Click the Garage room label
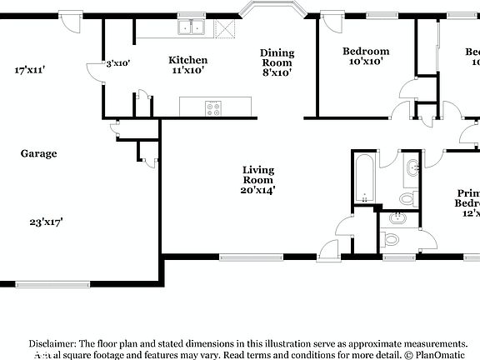[39, 153]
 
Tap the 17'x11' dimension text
[30, 70]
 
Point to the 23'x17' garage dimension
[47, 222]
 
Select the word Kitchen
[187, 59]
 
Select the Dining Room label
[277, 57]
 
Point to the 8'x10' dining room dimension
[277, 72]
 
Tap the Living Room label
[258, 175]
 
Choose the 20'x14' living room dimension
[258, 190]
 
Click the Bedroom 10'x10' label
[366, 56]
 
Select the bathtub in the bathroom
[365, 177]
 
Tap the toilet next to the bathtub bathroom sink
[407, 198]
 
